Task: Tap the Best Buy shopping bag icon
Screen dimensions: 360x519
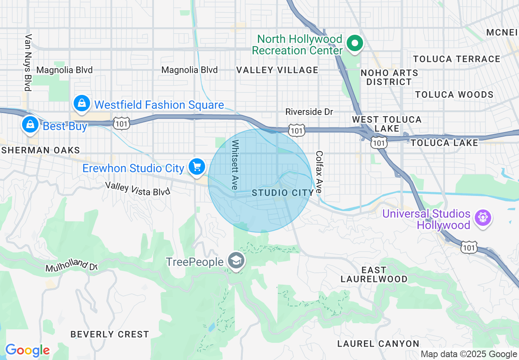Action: click(30, 125)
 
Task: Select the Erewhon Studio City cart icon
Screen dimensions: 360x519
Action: click(197, 167)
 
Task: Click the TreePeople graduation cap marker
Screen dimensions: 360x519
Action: click(236, 261)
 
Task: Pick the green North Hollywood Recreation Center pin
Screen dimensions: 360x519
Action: click(354, 43)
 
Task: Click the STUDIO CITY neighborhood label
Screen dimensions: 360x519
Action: click(283, 193)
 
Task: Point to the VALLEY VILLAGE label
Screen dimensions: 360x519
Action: click(277, 70)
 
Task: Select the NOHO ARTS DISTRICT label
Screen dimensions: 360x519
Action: click(389, 77)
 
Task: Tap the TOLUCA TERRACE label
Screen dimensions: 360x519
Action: click(456, 59)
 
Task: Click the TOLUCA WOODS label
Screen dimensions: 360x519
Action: click(454, 94)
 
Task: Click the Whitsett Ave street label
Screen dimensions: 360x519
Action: click(235, 165)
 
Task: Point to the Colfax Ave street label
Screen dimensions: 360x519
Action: click(319, 172)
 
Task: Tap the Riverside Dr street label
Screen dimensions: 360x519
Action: click(309, 112)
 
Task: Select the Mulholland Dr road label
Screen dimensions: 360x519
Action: click(71, 265)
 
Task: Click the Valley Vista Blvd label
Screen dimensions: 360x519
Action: click(137, 189)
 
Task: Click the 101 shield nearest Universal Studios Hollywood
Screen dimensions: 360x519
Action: click(469, 247)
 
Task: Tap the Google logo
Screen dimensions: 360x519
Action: click(27, 351)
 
